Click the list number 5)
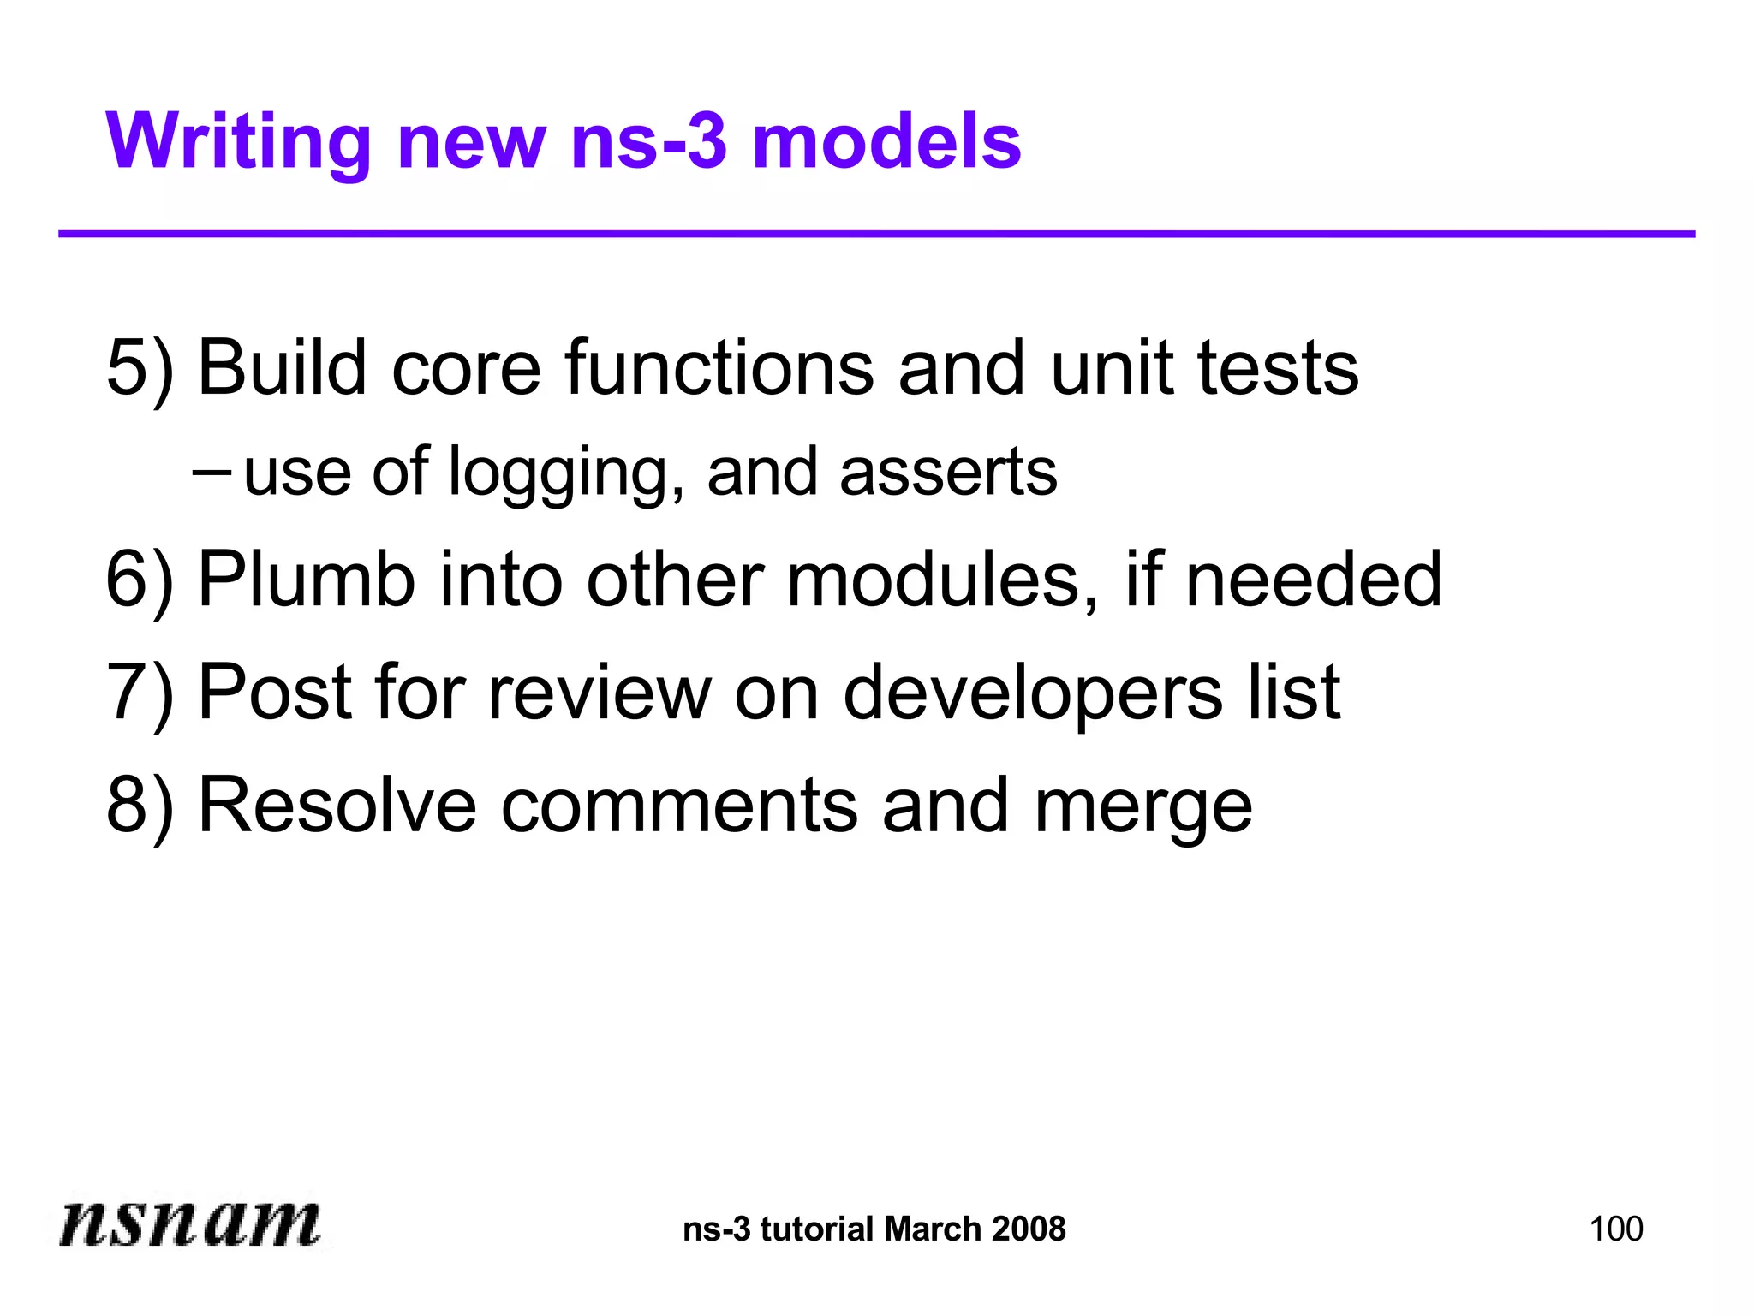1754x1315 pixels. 140,368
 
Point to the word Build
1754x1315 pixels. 283,368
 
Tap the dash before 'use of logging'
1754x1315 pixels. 211,471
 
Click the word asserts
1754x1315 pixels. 948,472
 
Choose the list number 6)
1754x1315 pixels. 140,580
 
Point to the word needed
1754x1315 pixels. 1314,580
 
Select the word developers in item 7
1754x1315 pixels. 1033,693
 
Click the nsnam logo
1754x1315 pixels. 190,1223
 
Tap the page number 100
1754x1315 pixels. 1615,1229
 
